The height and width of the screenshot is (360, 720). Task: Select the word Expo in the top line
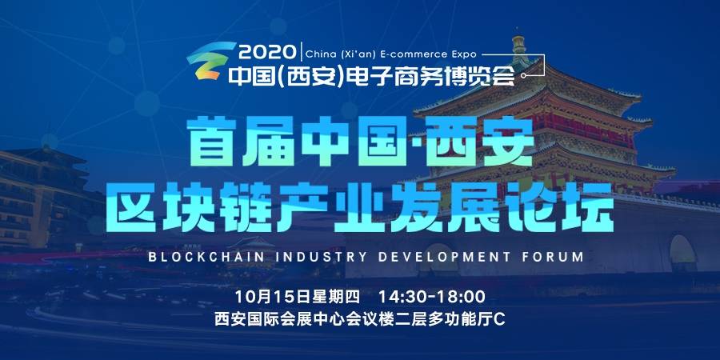[462, 54]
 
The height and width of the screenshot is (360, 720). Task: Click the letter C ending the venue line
[500, 318]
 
